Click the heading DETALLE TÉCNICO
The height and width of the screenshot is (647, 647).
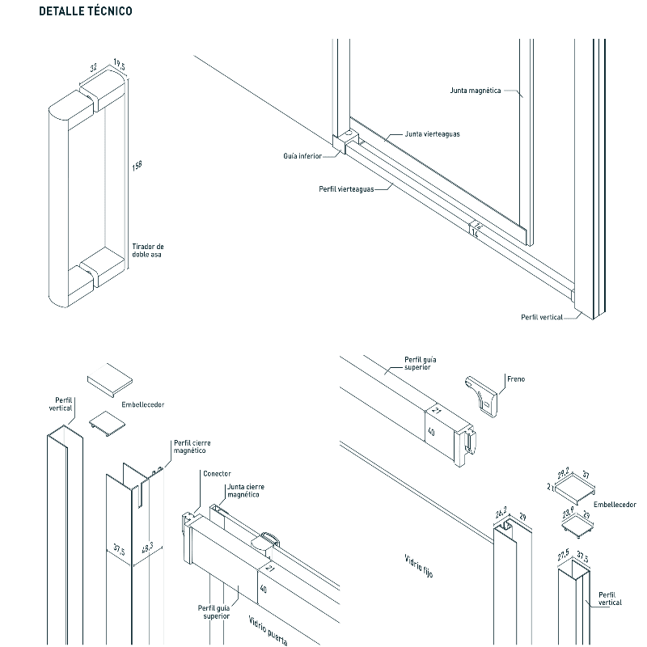click(x=85, y=12)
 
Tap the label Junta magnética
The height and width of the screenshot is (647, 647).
click(x=476, y=91)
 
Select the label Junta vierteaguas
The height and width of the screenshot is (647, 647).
click(x=432, y=134)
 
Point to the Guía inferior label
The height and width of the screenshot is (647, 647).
click(x=302, y=154)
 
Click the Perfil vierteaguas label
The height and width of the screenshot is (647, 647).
click(x=346, y=188)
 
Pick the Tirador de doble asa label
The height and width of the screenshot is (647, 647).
click(x=148, y=250)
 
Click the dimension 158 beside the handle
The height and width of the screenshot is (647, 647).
click(x=137, y=166)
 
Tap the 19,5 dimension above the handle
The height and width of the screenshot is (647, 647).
click(x=120, y=66)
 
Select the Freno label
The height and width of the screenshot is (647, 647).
click(x=515, y=378)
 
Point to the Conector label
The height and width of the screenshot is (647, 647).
click(x=217, y=474)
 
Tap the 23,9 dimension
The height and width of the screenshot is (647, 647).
click(x=569, y=511)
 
